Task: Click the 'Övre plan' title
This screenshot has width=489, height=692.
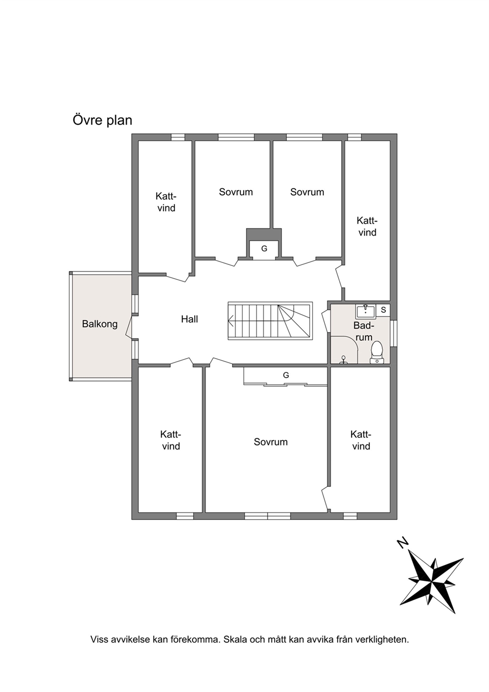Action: pyautogui.click(x=102, y=120)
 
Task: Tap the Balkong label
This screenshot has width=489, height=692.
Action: pyautogui.click(x=100, y=324)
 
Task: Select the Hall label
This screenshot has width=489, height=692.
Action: pyautogui.click(x=190, y=319)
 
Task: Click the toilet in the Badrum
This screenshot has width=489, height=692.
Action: pyautogui.click(x=376, y=352)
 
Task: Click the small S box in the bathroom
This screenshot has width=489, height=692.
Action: pyautogui.click(x=384, y=310)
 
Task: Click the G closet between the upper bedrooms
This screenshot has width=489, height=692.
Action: pyautogui.click(x=264, y=249)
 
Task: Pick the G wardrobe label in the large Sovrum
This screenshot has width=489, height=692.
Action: pyautogui.click(x=286, y=375)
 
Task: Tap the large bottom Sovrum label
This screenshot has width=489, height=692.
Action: pyautogui.click(x=271, y=442)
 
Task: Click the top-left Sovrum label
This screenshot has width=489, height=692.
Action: pyautogui.click(x=236, y=192)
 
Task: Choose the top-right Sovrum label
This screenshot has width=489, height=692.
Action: pyautogui.click(x=307, y=192)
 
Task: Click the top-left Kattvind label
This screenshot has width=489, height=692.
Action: pyautogui.click(x=167, y=202)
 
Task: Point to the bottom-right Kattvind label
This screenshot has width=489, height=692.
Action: pyautogui.click(x=361, y=440)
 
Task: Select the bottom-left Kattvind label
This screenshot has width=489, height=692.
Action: pyautogui.click(x=171, y=440)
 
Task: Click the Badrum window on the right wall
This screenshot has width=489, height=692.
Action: pyautogui.click(x=393, y=333)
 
